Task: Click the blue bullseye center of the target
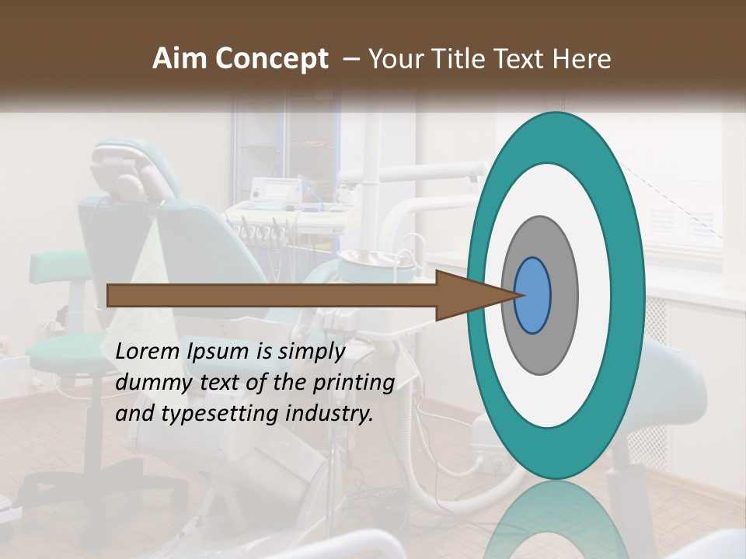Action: (x=533, y=296)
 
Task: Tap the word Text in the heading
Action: (x=516, y=59)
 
